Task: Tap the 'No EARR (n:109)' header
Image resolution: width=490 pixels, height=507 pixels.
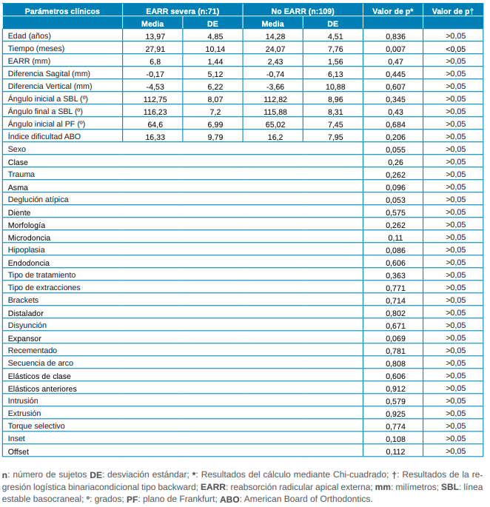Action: (302, 10)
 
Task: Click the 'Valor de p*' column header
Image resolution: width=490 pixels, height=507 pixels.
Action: (393, 10)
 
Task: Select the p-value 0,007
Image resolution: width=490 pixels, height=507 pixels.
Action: (395, 48)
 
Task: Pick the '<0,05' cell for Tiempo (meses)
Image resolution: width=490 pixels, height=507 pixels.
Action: (455, 48)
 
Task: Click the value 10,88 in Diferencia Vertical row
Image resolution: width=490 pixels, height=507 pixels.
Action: (335, 86)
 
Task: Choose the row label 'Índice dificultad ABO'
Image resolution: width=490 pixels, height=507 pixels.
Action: (44, 137)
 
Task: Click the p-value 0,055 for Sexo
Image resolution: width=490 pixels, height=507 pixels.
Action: (395, 150)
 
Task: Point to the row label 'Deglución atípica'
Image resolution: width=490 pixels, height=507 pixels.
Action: (38, 200)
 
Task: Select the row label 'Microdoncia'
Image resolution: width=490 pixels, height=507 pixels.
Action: (30, 237)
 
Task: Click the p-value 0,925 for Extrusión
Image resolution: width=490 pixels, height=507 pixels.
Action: (395, 414)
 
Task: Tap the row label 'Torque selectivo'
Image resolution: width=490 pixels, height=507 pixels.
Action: (37, 426)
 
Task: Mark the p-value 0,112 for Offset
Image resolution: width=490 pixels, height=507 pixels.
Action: (395, 451)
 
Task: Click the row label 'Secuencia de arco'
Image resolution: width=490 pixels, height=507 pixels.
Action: (40, 363)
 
